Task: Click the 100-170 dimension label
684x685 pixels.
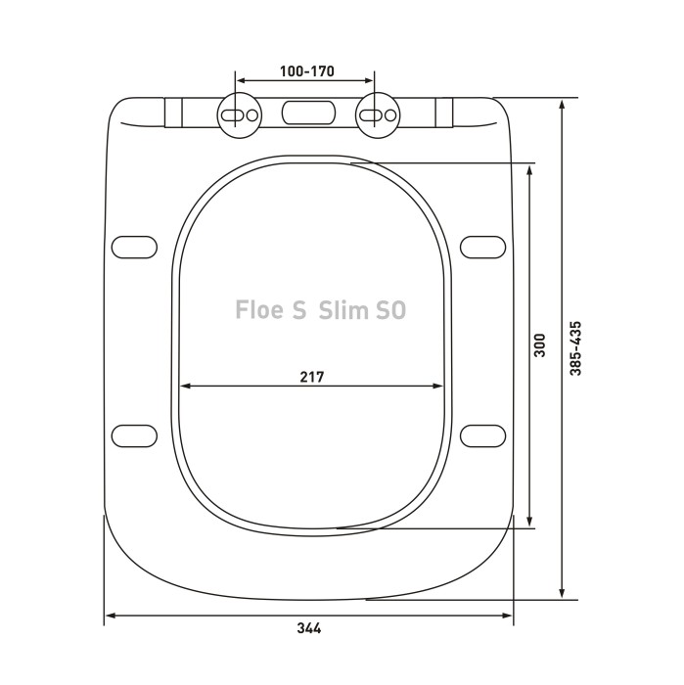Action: point(303,71)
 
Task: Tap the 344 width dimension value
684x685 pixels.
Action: point(308,628)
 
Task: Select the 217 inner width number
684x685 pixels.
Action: point(312,376)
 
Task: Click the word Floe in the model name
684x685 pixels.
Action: point(259,309)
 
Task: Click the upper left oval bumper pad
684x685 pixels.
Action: point(135,246)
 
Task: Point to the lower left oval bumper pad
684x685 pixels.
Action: point(135,435)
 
